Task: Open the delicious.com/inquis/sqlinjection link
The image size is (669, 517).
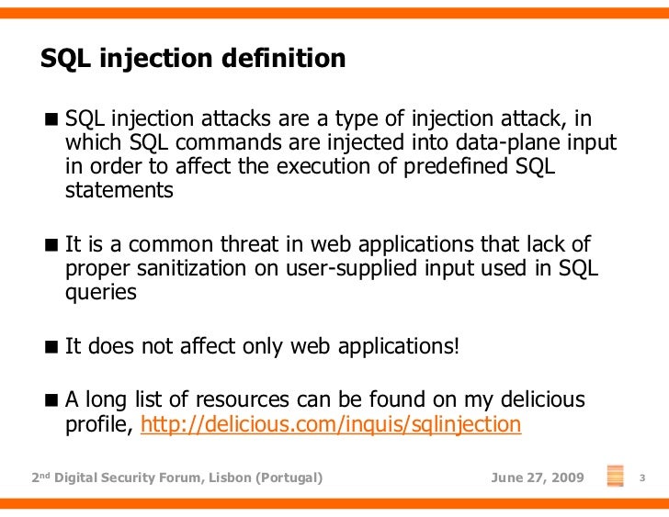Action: (x=331, y=424)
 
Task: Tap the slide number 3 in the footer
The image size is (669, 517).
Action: (x=643, y=478)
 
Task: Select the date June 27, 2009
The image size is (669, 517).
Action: (x=538, y=478)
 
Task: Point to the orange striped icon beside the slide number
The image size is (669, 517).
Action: (x=616, y=477)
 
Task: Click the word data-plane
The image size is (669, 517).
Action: (x=510, y=142)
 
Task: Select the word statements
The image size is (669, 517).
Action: (x=119, y=190)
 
